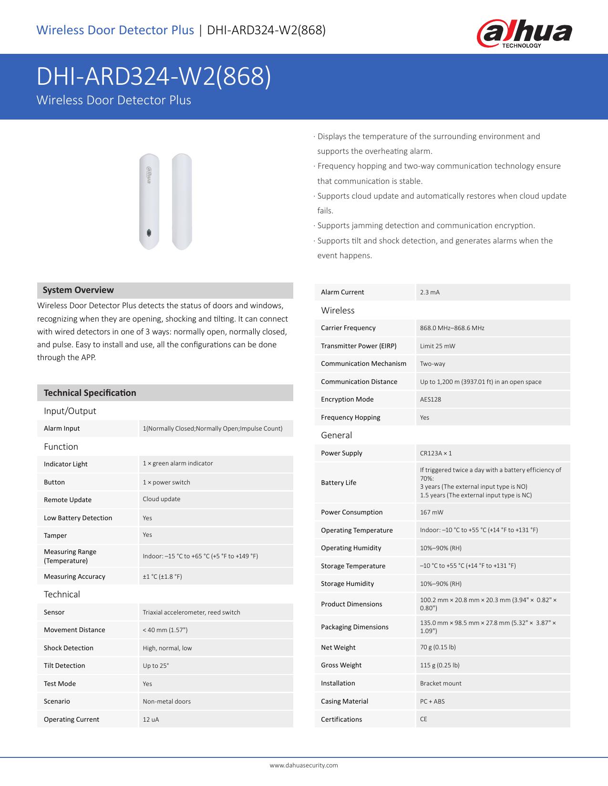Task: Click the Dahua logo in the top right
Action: coord(525,33)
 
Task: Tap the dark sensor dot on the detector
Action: coord(150,233)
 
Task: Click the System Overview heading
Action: coord(78,290)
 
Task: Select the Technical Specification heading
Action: coord(90,393)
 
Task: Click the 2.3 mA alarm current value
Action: coord(430,292)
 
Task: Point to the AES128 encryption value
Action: coord(431,400)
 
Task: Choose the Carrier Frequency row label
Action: coord(348,328)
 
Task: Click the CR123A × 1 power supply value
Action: coord(436,453)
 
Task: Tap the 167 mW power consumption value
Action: coord(432,513)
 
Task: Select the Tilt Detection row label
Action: coord(64,665)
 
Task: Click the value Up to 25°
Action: coord(156,666)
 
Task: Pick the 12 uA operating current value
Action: coord(151,719)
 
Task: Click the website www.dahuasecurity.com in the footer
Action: coord(304,765)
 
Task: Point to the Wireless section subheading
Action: coord(338,311)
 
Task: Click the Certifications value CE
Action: coord(423,719)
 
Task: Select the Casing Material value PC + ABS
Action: coord(432,701)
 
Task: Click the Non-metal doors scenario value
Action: coord(166,701)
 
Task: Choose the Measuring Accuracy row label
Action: coord(74,576)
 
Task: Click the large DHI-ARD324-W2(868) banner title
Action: coord(154,77)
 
